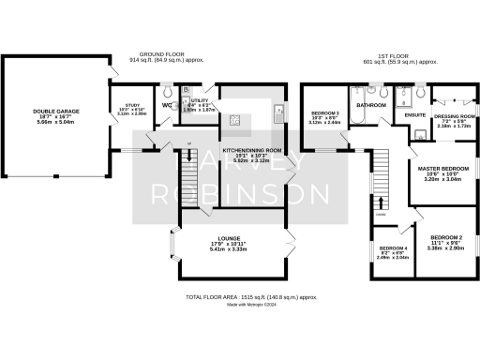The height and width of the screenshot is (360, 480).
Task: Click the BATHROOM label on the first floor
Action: pos(370,106)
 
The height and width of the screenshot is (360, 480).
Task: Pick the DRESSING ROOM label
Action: pos(454,117)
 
